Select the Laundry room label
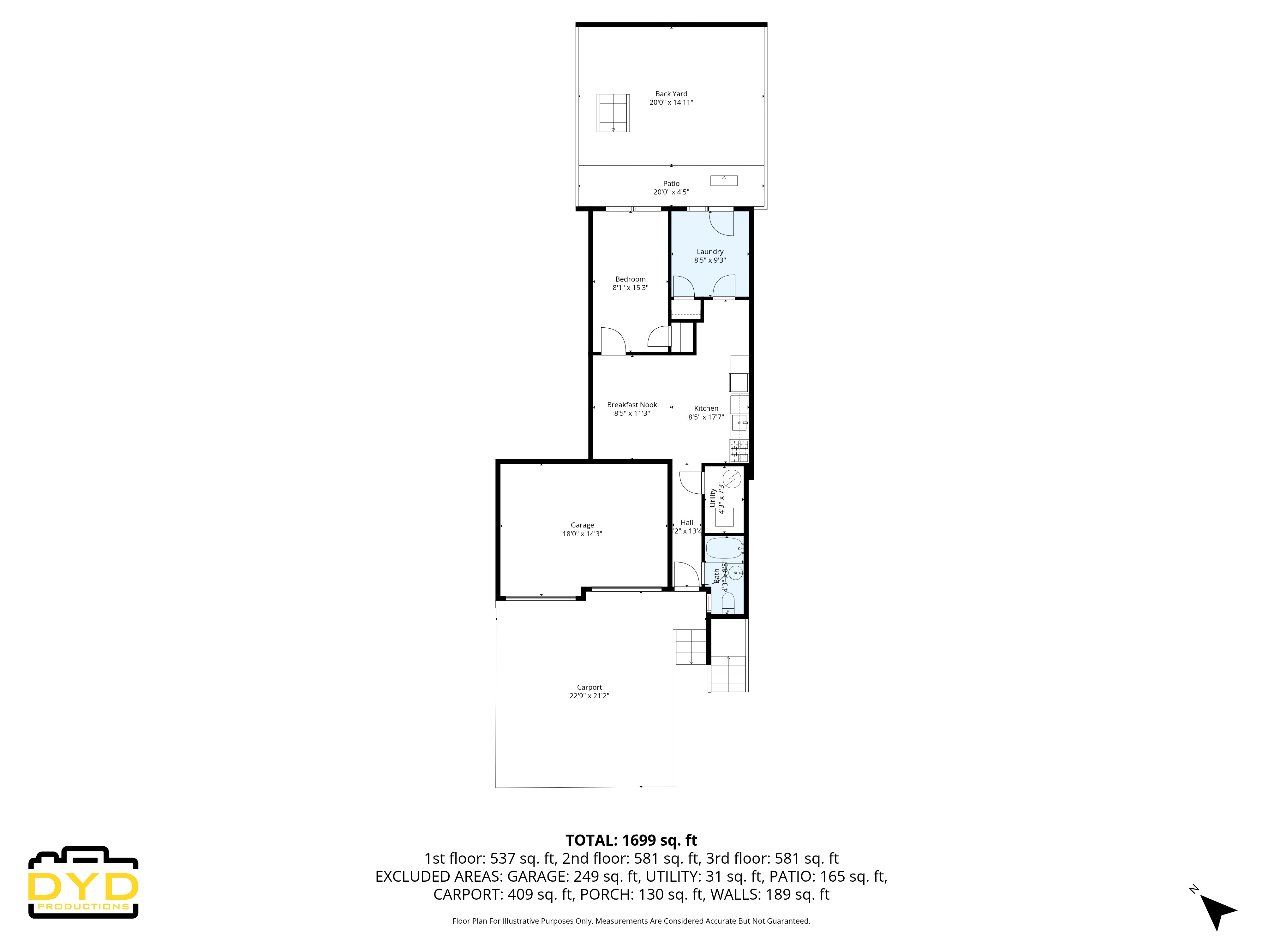click(710, 252)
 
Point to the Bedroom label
click(630, 279)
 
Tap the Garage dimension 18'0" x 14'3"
click(582, 534)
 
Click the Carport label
click(589, 687)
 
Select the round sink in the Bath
click(735, 573)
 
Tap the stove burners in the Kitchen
click(739, 451)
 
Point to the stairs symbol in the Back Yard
click(613, 113)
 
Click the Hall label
click(687, 522)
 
